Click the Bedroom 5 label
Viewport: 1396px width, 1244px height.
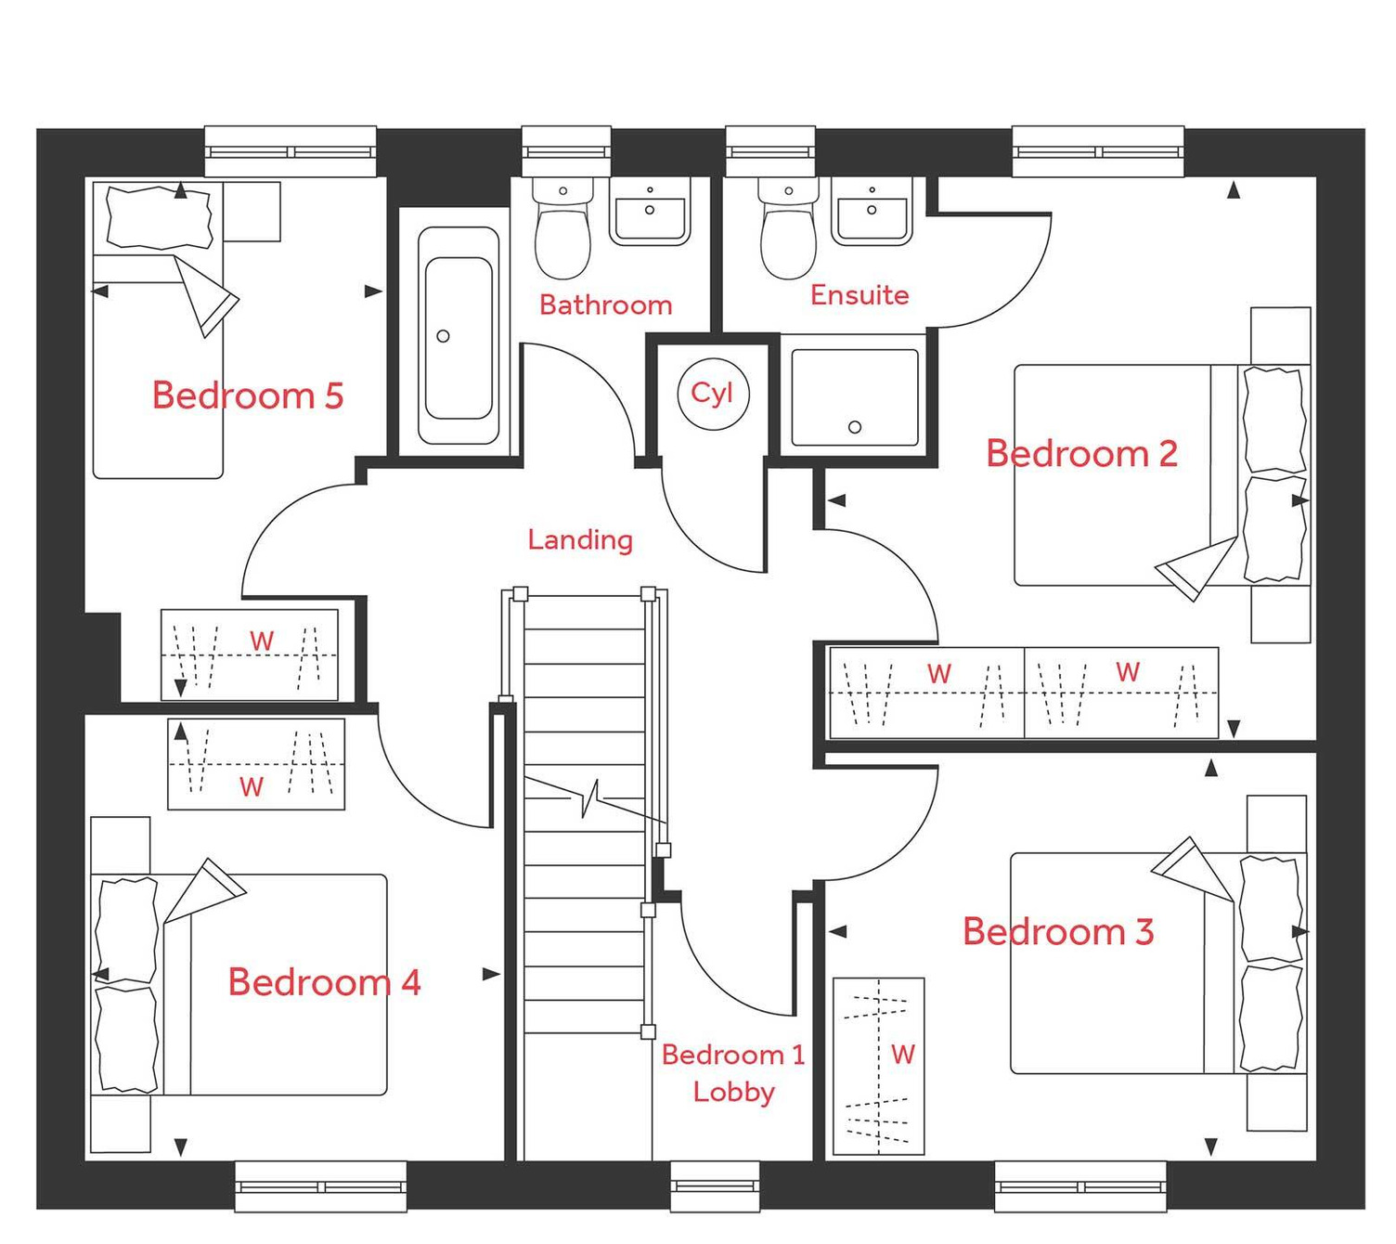coord(248,395)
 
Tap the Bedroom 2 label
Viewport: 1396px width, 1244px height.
coord(1081,454)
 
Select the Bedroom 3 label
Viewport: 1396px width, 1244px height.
coord(1058,931)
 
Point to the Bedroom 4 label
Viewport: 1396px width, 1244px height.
coord(324,982)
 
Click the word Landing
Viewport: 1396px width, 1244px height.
coord(580,539)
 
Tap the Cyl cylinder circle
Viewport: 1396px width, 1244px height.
coord(712,394)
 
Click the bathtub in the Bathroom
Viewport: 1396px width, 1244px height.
coord(458,336)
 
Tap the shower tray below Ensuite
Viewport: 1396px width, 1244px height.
coord(855,397)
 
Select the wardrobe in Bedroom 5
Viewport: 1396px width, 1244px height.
coord(250,654)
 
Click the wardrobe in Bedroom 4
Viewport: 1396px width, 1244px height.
coord(256,764)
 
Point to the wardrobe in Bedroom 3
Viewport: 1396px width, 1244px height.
coord(878,1066)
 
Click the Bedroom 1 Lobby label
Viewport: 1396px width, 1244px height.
coord(733,1073)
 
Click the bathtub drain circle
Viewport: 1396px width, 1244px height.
coord(443,336)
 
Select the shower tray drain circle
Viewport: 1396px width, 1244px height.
coord(855,427)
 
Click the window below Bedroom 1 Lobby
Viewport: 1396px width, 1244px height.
coord(715,1186)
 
